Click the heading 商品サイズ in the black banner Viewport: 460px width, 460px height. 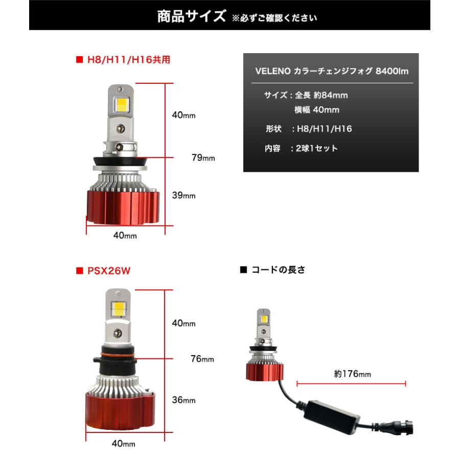(191, 16)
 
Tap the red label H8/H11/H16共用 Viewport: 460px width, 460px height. (127, 59)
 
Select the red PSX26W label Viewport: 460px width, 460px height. (107, 271)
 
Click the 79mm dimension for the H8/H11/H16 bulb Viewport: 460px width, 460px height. (202, 158)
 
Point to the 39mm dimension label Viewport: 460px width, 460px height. (183, 195)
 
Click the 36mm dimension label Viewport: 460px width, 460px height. (183, 400)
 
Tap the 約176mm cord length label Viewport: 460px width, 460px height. (352, 374)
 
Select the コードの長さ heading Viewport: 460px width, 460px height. (278, 270)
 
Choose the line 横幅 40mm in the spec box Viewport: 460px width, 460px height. (316, 109)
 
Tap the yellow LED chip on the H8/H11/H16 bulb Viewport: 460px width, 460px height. (123, 104)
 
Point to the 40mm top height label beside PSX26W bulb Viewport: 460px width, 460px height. (183, 324)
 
